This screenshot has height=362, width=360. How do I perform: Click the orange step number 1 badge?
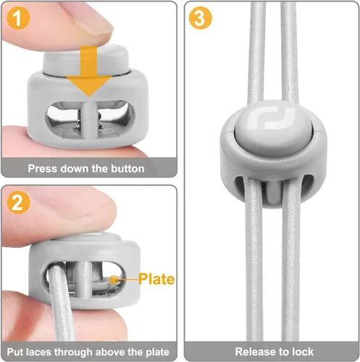coord(18,18)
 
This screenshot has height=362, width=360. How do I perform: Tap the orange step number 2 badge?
coord(18,203)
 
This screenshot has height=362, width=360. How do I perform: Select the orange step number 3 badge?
coord(200,18)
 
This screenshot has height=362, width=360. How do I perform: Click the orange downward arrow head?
coord(89,85)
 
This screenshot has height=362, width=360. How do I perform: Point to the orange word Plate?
coord(156,279)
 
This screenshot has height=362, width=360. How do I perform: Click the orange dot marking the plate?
coord(113,279)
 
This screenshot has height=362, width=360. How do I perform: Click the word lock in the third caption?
coord(303,352)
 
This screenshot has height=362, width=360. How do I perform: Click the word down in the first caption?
coord(75,169)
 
